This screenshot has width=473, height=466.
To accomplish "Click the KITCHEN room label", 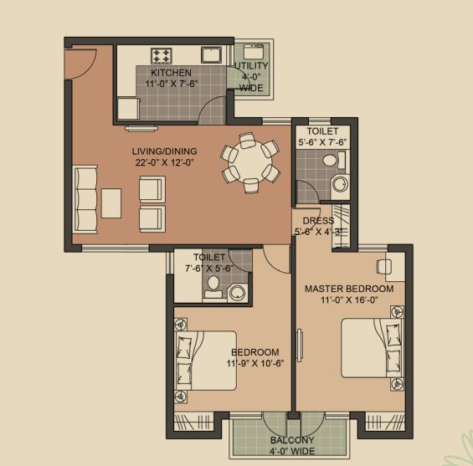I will [x=171, y=73].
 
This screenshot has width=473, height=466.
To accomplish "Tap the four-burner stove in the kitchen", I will [x=161, y=55].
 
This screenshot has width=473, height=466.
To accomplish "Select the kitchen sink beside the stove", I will [x=208, y=55].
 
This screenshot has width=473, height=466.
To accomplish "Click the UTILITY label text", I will [x=251, y=65].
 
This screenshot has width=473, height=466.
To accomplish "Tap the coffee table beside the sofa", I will [x=112, y=201].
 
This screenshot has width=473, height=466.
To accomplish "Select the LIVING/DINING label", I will [x=164, y=151].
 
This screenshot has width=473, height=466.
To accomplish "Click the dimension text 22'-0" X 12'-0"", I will [x=164, y=164].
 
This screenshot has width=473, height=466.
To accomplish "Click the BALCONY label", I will [x=292, y=441].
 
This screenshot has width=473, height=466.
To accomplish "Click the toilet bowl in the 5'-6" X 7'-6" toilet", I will [x=341, y=182].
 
